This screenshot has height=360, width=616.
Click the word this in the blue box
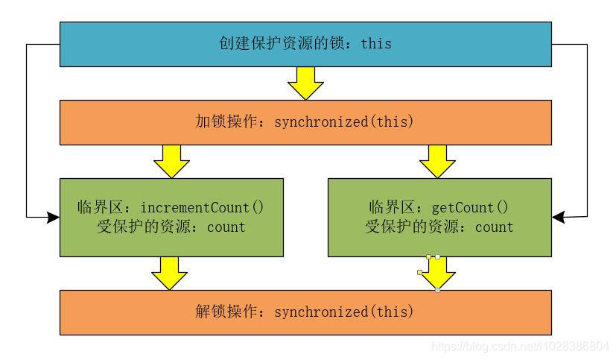click(x=376, y=43)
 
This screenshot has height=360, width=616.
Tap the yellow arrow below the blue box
click(x=305, y=83)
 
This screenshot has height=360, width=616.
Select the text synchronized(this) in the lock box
click(x=343, y=121)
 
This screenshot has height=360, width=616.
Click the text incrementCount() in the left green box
click(x=202, y=207)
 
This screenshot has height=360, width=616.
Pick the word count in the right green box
click(x=494, y=227)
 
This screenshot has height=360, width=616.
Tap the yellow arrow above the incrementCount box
click(x=171, y=161)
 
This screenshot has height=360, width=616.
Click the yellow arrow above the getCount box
click(x=437, y=161)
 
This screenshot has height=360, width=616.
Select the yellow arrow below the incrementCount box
click(x=171, y=274)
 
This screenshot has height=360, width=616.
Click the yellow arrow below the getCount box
click(x=437, y=274)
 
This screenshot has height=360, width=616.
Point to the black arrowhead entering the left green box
click(x=53, y=218)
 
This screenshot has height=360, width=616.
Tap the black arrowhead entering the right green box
click(x=559, y=218)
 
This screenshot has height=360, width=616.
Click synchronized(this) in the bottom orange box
click(x=343, y=312)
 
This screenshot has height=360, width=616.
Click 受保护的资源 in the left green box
click(x=142, y=227)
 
